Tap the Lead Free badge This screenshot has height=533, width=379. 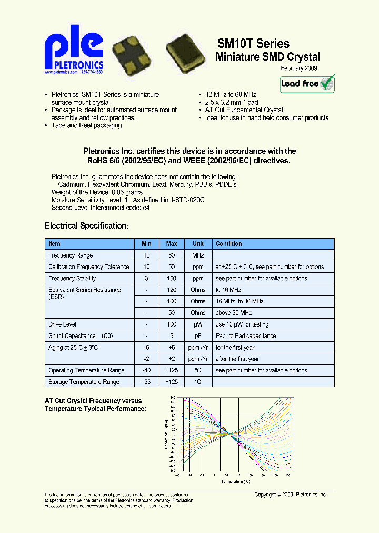[x=307, y=84]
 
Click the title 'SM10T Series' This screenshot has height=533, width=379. [x=253, y=44]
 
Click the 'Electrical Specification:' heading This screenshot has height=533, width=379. [x=86, y=225]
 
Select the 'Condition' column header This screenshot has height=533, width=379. [x=229, y=244]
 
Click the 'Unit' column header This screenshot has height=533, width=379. [x=198, y=244]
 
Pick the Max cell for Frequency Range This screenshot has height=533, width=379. [x=172, y=255]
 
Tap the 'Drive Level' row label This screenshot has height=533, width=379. [x=62, y=324]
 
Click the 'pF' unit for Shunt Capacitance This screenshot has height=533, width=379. [x=198, y=336]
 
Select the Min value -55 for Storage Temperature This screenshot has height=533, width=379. [x=146, y=382]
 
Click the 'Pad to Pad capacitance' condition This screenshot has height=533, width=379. [x=245, y=336]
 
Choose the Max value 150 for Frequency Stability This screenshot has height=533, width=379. [x=172, y=279]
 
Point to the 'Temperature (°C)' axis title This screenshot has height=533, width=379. [x=235, y=481]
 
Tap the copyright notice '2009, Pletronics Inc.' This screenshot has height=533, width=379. [x=291, y=495]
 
